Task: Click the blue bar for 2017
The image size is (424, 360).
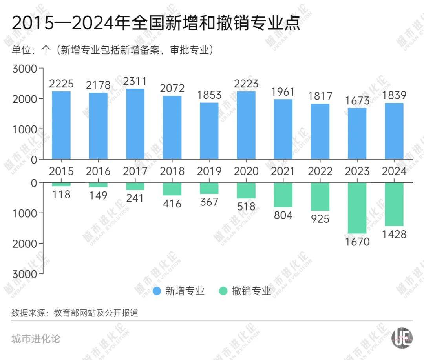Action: (x=135, y=124)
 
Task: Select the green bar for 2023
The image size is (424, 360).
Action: (x=357, y=208)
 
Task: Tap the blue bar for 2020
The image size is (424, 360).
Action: (x=246, y=125)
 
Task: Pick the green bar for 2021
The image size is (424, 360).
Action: (x=283, y=195)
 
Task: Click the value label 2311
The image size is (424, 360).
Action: (x=135, y=82)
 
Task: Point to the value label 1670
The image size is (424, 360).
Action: (x=357, y=242)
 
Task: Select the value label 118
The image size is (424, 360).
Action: (x=61, y=194)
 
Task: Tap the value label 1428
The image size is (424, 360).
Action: (x=394, y=235)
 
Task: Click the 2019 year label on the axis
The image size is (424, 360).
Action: (x=209, y=171)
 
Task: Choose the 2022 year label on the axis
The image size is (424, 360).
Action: (x=320, y=171)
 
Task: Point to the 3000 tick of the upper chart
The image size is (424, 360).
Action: (x=25, y=69)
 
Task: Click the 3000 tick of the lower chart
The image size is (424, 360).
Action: (x=25, y=274)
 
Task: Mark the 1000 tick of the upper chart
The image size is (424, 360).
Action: (x=25, y=129)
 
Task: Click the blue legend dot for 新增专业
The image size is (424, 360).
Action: (x=157, y=291)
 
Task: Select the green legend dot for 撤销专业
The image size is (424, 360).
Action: (x=223, y=291)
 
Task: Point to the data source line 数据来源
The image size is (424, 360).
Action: (x=75, y=313)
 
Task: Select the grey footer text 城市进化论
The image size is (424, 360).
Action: (x=36, y=338)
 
